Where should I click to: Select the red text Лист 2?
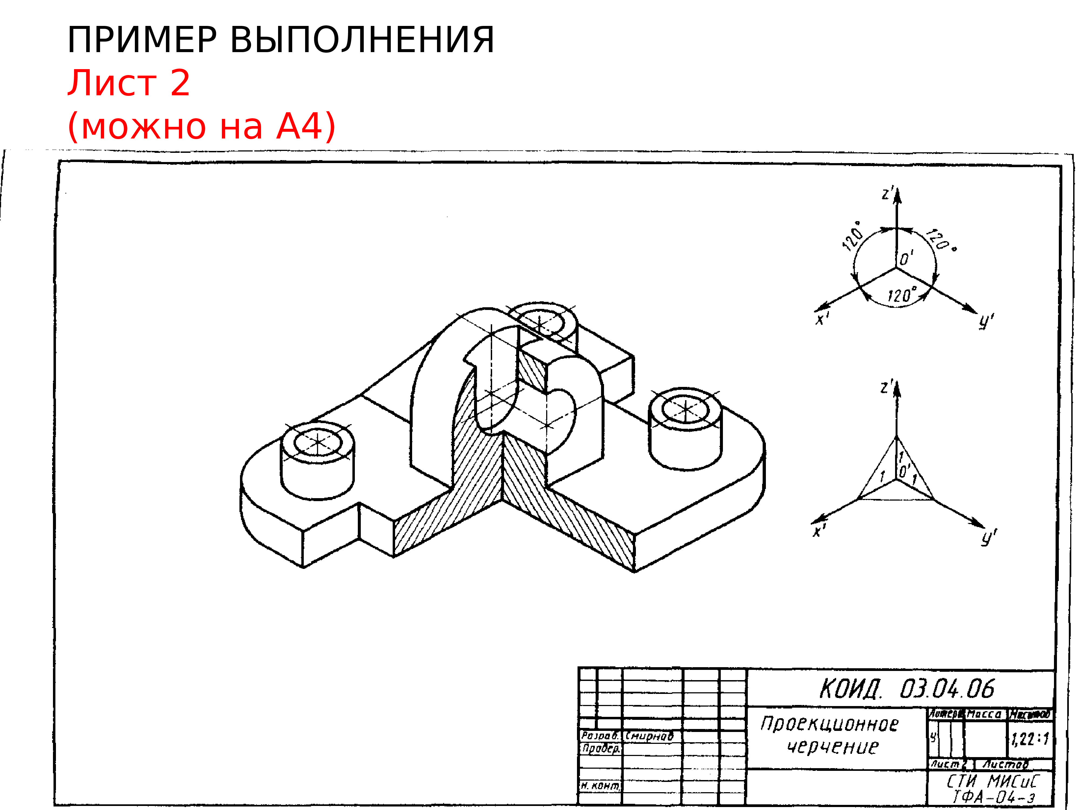pyautogui.click(x=128, y=83)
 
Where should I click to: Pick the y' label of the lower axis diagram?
pyautogui.click(x=988, y=538)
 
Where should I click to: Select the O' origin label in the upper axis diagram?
pyautogui.click(x=906, y=258)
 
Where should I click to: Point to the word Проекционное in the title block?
pyautogui.click(x=829, y=724)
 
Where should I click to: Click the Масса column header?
pyautogui.click(x=984, y=714)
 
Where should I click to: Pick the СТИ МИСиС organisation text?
pyautogui.click(x=992, y=781)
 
